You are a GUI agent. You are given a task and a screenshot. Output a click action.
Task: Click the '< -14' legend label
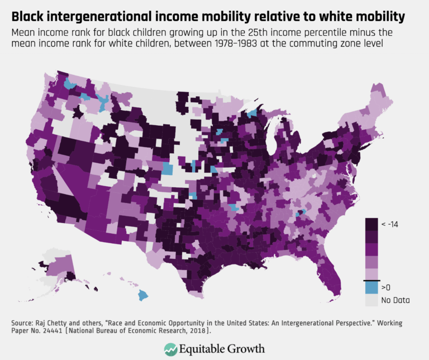tap(393, 224)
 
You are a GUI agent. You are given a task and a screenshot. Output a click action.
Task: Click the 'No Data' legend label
tap(395, 300)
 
